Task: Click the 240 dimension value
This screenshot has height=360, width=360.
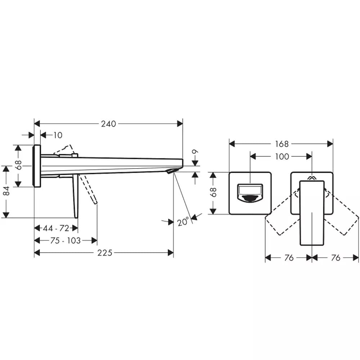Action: [108, 124]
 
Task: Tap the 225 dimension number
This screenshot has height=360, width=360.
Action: [105, 253]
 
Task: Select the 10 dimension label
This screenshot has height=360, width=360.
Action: [58, 135]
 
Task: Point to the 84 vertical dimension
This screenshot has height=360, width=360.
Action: [7, 191]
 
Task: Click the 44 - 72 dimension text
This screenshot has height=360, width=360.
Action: [56, 228]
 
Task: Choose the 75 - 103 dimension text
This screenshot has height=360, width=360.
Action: [66, 240]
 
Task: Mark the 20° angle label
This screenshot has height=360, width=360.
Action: [183, 222]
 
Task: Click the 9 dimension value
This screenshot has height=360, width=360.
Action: [195, 152]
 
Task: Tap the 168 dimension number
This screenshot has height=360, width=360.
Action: [282, 144]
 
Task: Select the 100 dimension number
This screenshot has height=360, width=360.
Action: [282, 157]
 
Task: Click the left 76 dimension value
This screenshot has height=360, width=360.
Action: [289, 258]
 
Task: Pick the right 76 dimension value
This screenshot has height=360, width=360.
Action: [336, 258]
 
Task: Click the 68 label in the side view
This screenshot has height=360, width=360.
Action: [19, 165]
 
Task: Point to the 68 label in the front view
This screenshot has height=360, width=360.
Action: [213, 192]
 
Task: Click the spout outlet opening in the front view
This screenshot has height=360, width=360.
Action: [250, 193]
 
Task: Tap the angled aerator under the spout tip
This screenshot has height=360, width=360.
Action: [173, 171]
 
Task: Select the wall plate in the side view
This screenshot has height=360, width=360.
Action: [37, 166]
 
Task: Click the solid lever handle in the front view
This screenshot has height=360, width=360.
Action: [312, 213]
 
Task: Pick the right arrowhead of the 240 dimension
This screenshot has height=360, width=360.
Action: [180, 124]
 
